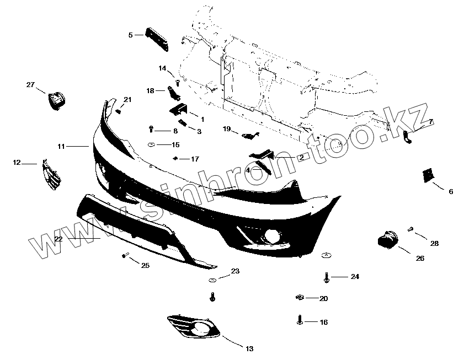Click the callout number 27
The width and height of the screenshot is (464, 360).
(30, 85)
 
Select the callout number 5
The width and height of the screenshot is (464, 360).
(130, 35)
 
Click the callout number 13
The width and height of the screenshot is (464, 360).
(249, 348)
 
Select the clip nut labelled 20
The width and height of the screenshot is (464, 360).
(299, 298)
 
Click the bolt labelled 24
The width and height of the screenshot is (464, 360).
(327, 277)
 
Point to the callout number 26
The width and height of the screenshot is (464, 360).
(420, 258)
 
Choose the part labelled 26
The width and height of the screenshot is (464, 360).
(388, 240)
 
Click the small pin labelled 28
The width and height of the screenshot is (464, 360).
(411, 229)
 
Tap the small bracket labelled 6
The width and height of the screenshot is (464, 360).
(426, 175)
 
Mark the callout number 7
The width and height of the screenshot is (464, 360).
(431, 121)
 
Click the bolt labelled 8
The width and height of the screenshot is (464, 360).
(152, 130)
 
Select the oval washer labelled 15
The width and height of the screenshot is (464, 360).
(151, 145)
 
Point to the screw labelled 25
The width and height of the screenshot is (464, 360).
(125, 255)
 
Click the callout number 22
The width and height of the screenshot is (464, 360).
(58, 239)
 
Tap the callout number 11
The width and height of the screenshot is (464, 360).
(61, 147)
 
